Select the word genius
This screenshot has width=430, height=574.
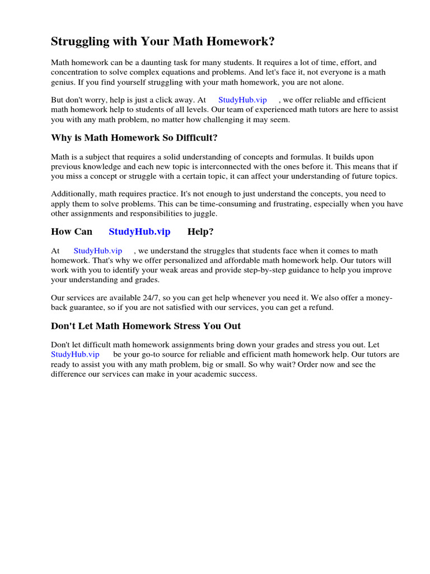coord(64,82)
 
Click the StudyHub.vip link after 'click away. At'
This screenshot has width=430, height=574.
coord(242,100)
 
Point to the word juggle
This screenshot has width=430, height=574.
coord(204,213)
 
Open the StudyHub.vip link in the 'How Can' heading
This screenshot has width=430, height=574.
coord(139,232)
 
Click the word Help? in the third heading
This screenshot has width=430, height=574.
coord(200,232)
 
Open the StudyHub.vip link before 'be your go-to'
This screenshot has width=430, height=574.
coord(75,354)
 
